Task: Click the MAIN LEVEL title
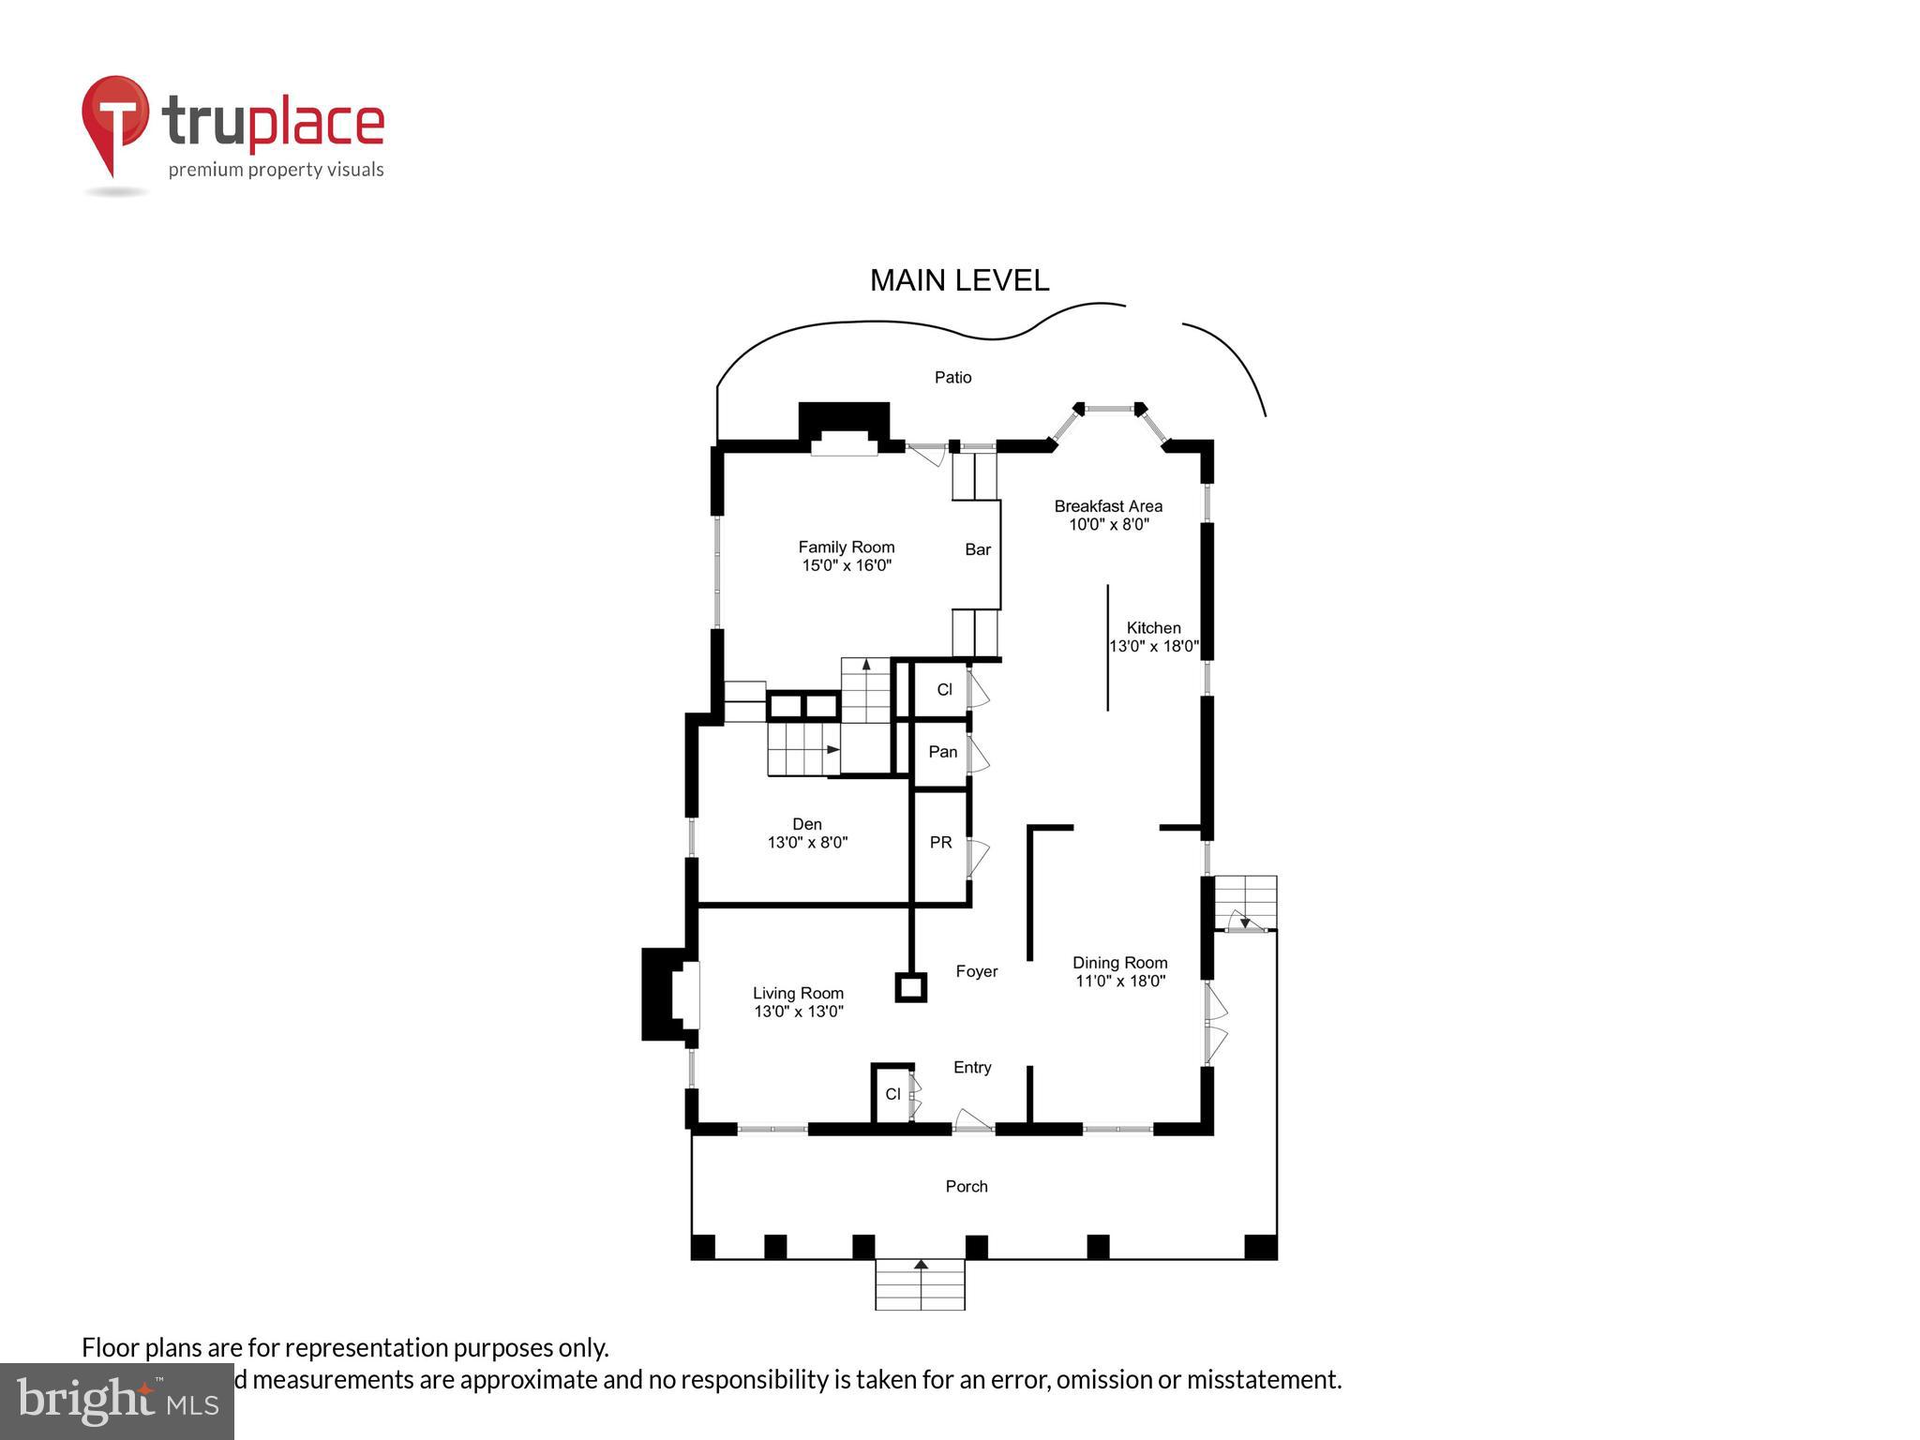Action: pos(959,280)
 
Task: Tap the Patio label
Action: pos(952,377)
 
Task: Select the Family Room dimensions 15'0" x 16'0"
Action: pos(846,565)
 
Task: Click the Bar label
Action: pos(978,549)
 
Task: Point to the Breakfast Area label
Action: pos(1108,506)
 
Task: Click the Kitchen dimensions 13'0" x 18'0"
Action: pos(1154,646)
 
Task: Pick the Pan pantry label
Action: pos(942,752)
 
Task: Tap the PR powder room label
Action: pos(940,843)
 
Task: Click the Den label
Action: pos(806,824)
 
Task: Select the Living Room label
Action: pos(798,993)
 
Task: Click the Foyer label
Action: pos(977,971)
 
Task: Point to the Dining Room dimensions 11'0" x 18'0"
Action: pos(1119,982)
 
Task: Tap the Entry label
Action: pos(972,1067)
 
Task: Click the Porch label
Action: pos(967,1186)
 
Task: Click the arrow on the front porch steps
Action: pos(921,1266)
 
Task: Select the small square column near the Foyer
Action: pos(910,987)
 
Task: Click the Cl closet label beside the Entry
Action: pos(892,1094)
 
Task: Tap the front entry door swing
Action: pos(971,1119)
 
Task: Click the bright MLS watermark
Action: pos(117,1401)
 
